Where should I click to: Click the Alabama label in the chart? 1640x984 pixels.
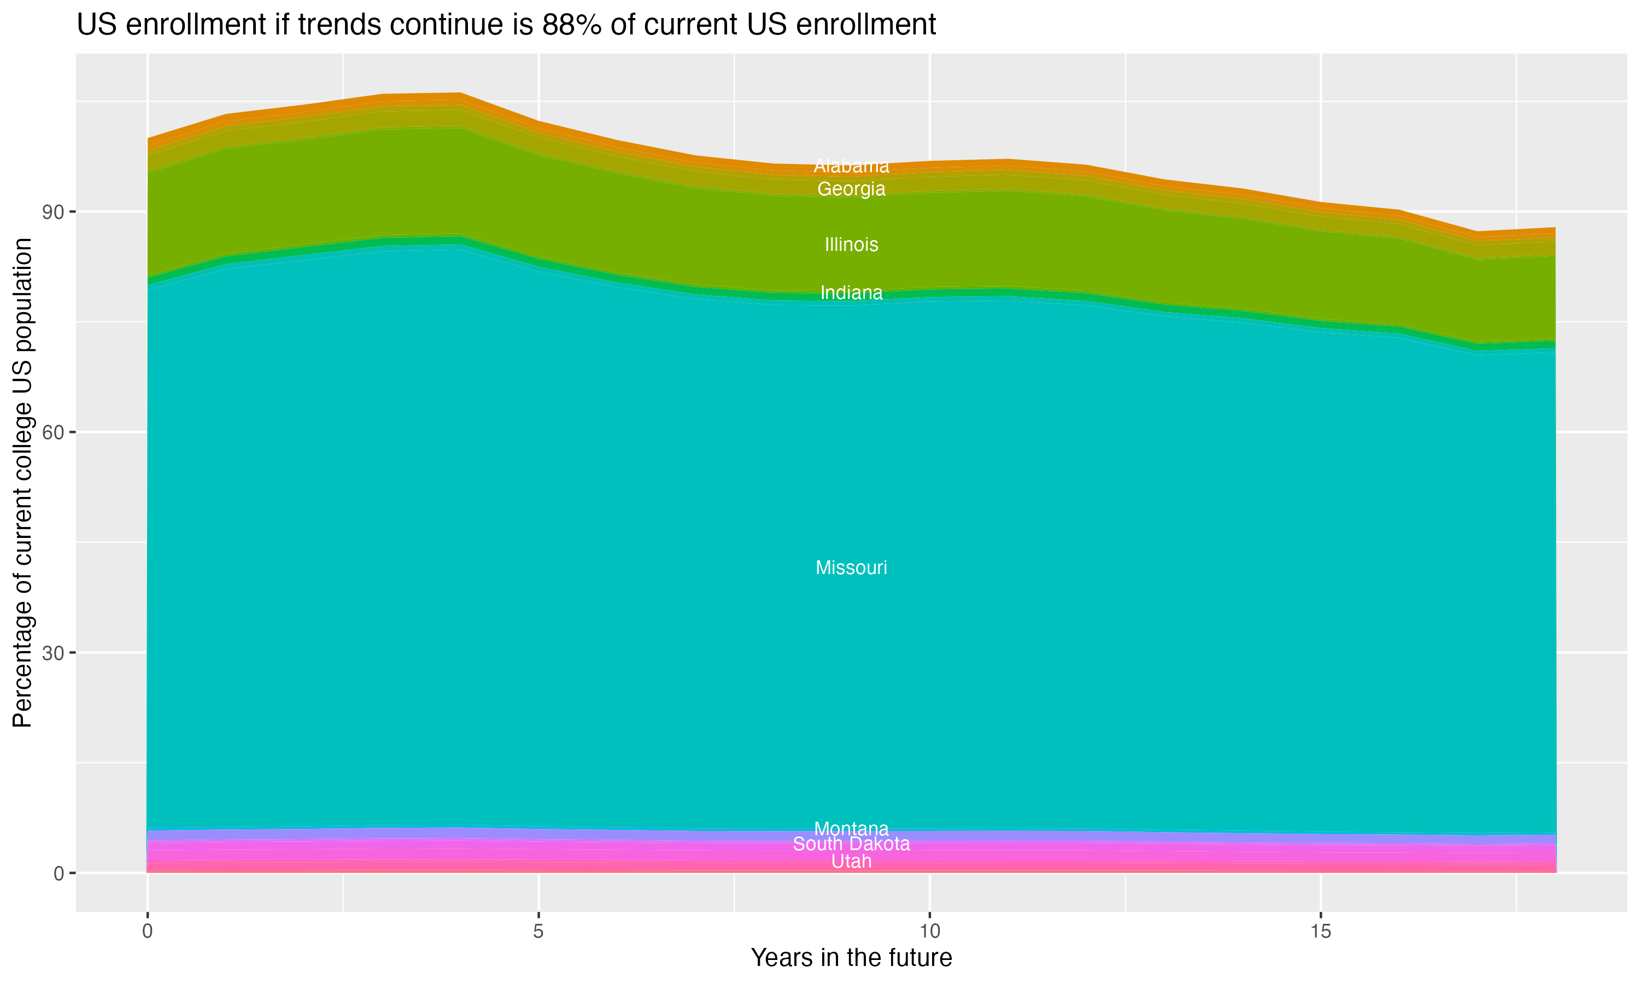coord(851,166)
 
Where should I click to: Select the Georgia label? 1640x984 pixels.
coord(851,189)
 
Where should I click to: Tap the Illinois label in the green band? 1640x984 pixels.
coord(851,245)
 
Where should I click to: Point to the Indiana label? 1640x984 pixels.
coord(851,292)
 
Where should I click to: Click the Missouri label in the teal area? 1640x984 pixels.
coord(851,567)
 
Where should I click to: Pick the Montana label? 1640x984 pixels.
coord(851,828)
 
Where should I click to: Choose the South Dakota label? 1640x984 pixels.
coord(851,844)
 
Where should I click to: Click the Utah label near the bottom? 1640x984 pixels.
coord(851,862)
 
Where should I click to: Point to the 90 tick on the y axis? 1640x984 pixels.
coord(54,212)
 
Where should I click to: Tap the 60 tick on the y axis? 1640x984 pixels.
coord(54,432)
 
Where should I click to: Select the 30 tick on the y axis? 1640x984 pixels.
coord(54,653)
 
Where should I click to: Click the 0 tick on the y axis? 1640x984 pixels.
coord(59,873)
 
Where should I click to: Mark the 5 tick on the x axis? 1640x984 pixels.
coord(538,932)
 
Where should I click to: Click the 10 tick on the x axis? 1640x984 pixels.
coord(929,932)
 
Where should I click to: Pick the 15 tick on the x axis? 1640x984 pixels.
coord(1321,932)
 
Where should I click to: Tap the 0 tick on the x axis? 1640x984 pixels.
coord(147,932)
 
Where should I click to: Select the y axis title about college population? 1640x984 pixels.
coord(22,483)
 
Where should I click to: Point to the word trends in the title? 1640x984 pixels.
coord(337,25)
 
